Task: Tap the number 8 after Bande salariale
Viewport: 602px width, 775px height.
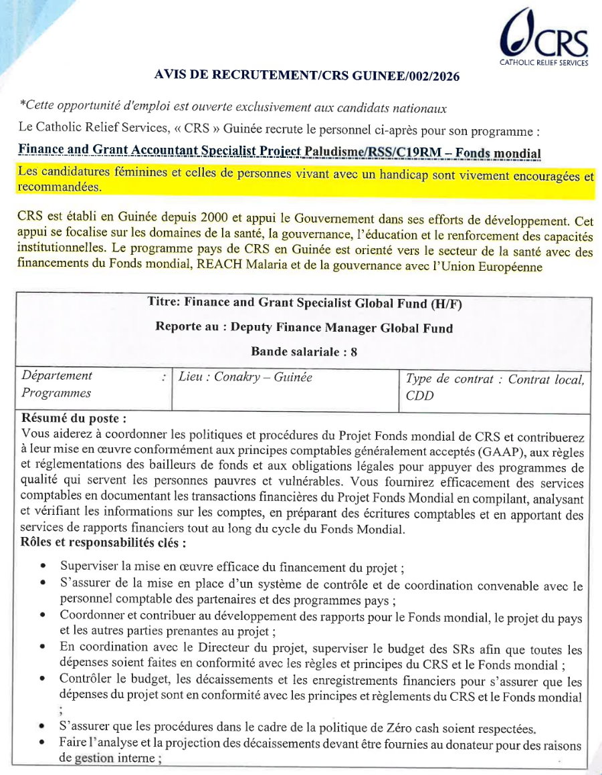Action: click(x=353, y=352)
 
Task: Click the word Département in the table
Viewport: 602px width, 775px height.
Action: click(x=57, y=376)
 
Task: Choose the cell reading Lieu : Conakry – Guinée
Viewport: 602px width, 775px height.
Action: click(x=245, y=377)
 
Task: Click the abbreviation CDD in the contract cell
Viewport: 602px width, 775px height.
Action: click(x=419, y=395)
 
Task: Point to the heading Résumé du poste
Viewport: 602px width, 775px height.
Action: click(x=74, y=419)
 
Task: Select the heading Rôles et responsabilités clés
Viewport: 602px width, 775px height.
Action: click(x=104, y=542)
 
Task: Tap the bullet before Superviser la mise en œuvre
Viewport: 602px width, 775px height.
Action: click(x=43, y=566)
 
